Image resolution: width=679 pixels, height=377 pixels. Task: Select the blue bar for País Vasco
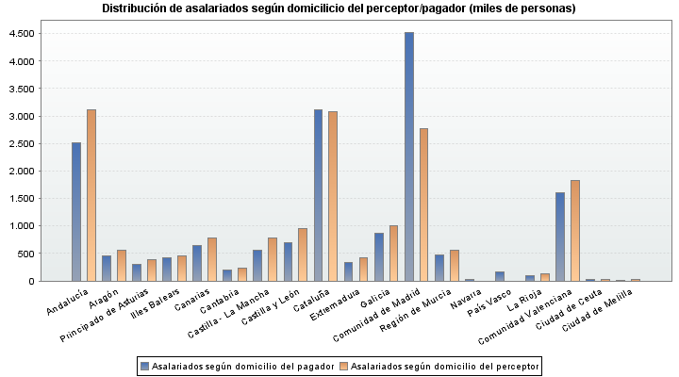(500, 276)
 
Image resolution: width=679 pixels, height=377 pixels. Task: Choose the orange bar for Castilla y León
(303, 254)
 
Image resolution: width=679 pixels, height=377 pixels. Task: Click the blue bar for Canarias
(197, 263)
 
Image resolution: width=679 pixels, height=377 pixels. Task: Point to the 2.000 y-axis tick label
(23, 172)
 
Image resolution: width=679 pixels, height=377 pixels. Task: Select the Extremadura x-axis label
(333, 305)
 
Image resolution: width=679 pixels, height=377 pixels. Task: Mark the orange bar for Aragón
(122, 265)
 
